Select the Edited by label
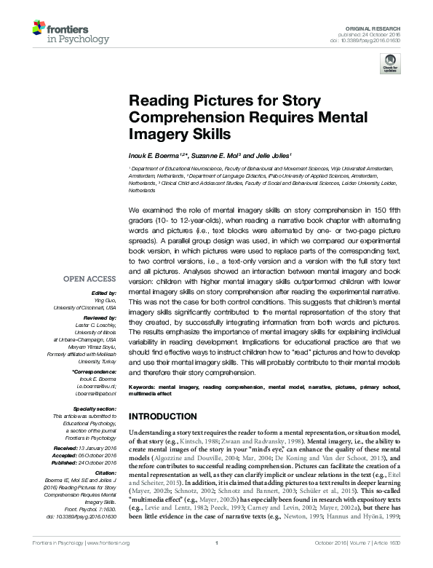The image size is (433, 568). [104, 292]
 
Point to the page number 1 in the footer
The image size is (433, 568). [216, 563]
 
